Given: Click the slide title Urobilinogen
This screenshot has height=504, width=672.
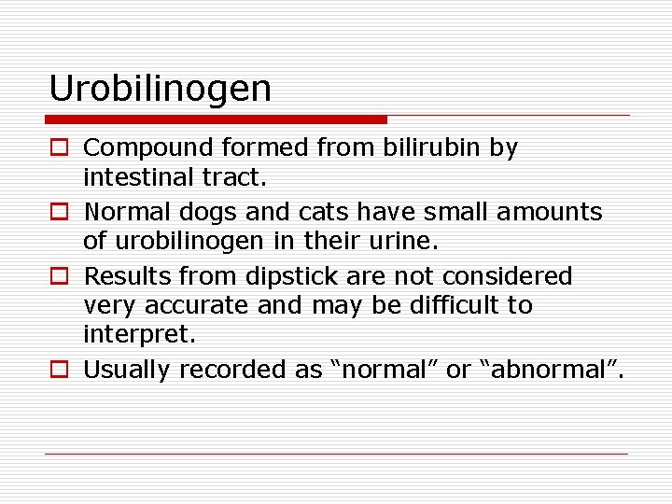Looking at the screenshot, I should pyautogui.click(x=160, y=90).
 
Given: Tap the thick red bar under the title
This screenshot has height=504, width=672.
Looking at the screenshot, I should pyautogui.click(x=216, y=119).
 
